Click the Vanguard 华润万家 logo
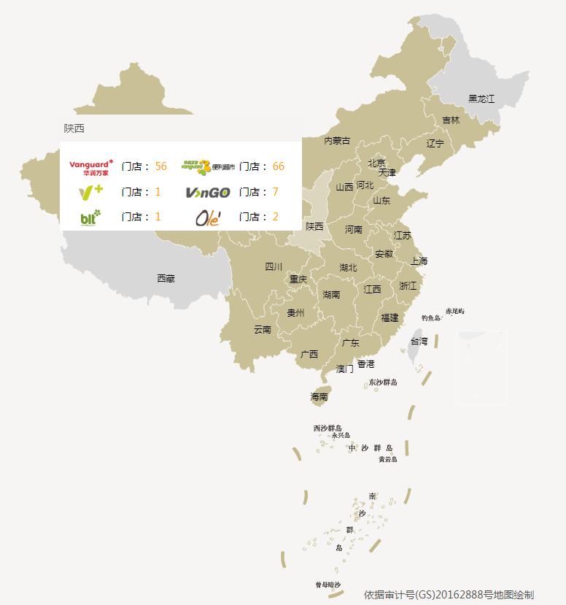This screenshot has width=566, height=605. (91, 166)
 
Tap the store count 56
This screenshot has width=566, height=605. (160, 166)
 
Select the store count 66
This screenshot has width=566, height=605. (278, 166)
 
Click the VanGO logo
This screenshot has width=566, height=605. (207, 193)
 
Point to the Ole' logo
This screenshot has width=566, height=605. (207, 217)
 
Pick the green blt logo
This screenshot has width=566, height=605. (90, 217)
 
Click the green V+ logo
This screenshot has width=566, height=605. (90, 193)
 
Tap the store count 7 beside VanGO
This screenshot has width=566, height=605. (275, 192)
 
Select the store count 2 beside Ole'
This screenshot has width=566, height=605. (275, 217)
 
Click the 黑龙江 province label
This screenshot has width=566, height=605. (481, 99)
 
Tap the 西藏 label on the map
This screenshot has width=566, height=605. (166, 278)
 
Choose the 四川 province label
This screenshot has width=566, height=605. (274, 266)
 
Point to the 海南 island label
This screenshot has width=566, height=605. (319, 397)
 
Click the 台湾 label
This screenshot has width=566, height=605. (419, 341)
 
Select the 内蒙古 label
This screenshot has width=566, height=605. (337, 140)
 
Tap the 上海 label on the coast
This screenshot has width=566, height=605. (419, 261)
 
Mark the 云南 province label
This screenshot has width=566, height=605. (263, 329)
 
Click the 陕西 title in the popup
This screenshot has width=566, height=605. (74, 128)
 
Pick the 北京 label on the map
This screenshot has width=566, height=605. (376, 163)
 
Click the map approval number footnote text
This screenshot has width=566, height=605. (449, 594)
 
